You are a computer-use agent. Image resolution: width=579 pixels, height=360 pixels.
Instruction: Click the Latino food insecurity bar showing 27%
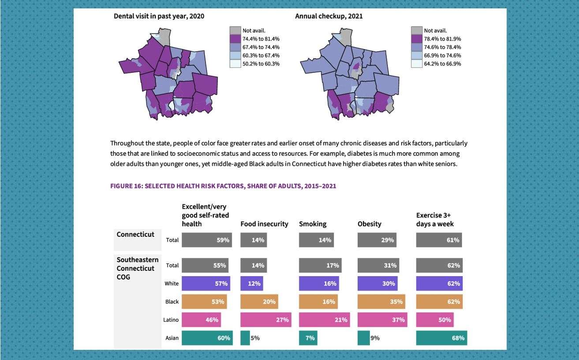pos(265,320)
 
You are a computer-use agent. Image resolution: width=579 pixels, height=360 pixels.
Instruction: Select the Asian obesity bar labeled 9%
pos(363,338)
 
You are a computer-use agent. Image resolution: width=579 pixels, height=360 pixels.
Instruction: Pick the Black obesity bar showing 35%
pos(381,302)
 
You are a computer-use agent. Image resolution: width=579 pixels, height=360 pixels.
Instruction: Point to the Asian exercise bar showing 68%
pos(441,338)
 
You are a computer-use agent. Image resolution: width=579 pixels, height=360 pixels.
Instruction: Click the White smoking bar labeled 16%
pos(319,284)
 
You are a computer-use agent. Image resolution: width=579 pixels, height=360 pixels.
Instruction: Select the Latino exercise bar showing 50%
pos(435,320)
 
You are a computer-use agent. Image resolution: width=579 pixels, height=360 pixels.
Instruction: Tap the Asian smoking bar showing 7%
pos(308,338)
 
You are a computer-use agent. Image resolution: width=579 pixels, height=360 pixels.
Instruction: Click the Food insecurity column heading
pos(264,224)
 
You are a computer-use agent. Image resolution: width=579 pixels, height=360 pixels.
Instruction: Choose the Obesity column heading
pos(369,224)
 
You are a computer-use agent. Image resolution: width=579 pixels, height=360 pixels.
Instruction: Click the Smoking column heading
pos(313,224)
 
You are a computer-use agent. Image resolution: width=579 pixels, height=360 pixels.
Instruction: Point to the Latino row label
pos(171,320)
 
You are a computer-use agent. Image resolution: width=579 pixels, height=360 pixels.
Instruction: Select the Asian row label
pos(172,338)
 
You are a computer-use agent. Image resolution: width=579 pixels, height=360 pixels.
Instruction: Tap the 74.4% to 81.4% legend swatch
pos(235,39)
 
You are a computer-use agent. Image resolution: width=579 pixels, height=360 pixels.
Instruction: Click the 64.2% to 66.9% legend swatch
pos(417,64)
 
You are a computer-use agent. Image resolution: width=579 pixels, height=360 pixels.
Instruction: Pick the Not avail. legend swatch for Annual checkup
pos(417,30)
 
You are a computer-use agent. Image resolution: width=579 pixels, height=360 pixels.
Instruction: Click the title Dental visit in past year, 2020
pos(159,16)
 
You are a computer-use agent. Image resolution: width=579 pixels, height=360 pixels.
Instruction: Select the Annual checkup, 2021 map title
pos(329,16)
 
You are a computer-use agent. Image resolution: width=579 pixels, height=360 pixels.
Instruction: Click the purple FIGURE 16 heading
pos(223,186)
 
